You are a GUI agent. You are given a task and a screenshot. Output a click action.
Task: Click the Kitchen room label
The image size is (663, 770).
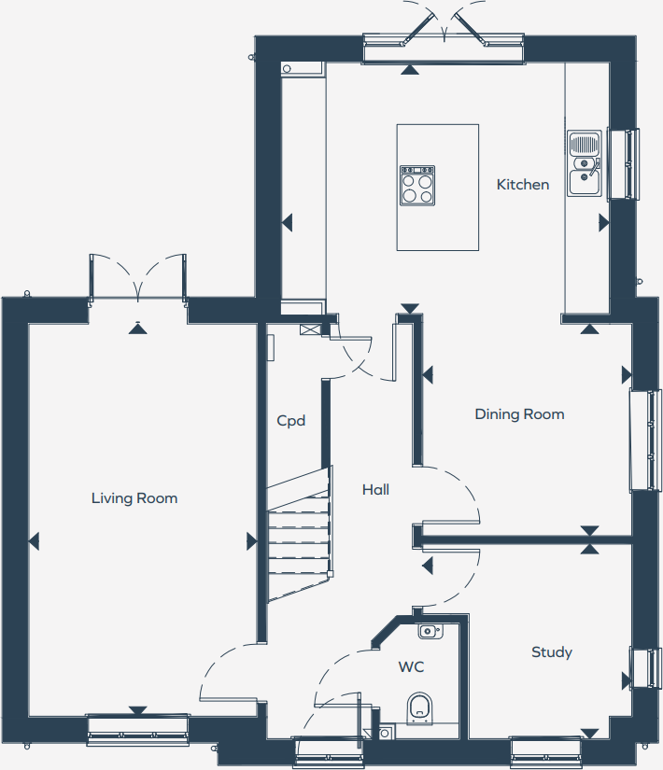click(x=522, y=185)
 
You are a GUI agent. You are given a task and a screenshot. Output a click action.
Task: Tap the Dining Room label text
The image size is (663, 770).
click(x=519, y=414)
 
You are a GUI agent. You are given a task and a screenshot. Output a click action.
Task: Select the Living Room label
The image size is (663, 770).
click(x=134, y=498)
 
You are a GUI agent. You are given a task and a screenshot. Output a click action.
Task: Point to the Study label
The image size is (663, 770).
click(x=551, y=652)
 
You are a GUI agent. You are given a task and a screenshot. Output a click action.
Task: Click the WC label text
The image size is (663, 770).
click(x=412, y=667)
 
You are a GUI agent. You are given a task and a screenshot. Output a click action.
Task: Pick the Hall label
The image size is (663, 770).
click(x=375, y=489)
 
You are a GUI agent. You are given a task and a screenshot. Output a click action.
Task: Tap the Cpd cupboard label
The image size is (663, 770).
click(x=291, y=421)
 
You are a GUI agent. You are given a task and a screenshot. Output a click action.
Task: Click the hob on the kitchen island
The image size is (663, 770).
click(x=417, y=185)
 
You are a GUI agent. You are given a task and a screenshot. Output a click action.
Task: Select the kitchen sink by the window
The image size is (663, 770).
click(x=585, y=164)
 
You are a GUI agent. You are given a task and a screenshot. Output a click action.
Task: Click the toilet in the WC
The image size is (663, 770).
click(x=420, y=708)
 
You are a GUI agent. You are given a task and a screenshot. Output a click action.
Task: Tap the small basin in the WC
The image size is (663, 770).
click(x=429, y=632)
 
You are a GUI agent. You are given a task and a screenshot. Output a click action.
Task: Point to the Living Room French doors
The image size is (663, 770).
click(x=138, y=278)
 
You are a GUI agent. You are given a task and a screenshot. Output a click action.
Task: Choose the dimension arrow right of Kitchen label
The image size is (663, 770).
click(x=603, y=223)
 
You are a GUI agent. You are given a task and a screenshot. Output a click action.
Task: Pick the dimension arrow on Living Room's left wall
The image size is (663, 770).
click(x=34, y=540)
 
